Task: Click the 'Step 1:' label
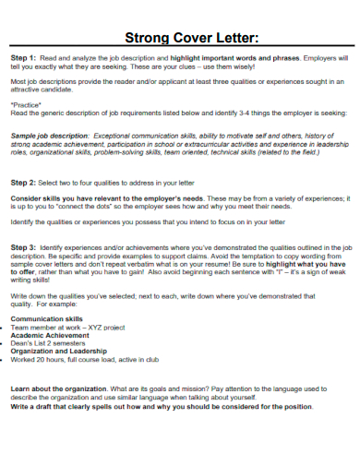click(x=25, y=57)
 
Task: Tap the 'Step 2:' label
click(x=25, y=183)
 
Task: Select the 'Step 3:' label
click(x=25, y=247)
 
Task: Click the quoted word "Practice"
click(x=27, y=104)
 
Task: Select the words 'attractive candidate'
click(x=42, y=90)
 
